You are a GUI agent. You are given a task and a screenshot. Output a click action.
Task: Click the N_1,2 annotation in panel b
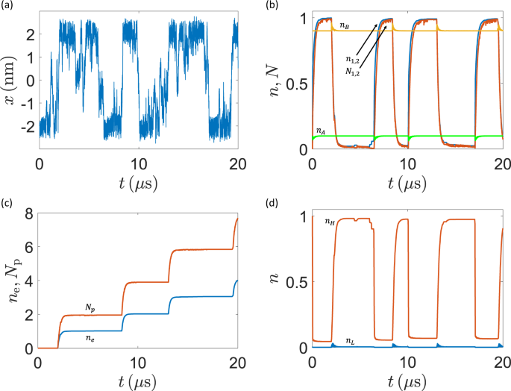pyautogui.click(x=354, y=73)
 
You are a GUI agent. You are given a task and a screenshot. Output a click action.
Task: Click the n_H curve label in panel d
pyautogui.click(x=328, y=222)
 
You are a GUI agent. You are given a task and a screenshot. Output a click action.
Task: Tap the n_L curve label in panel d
pyautogui.click(x=348, y=341)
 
